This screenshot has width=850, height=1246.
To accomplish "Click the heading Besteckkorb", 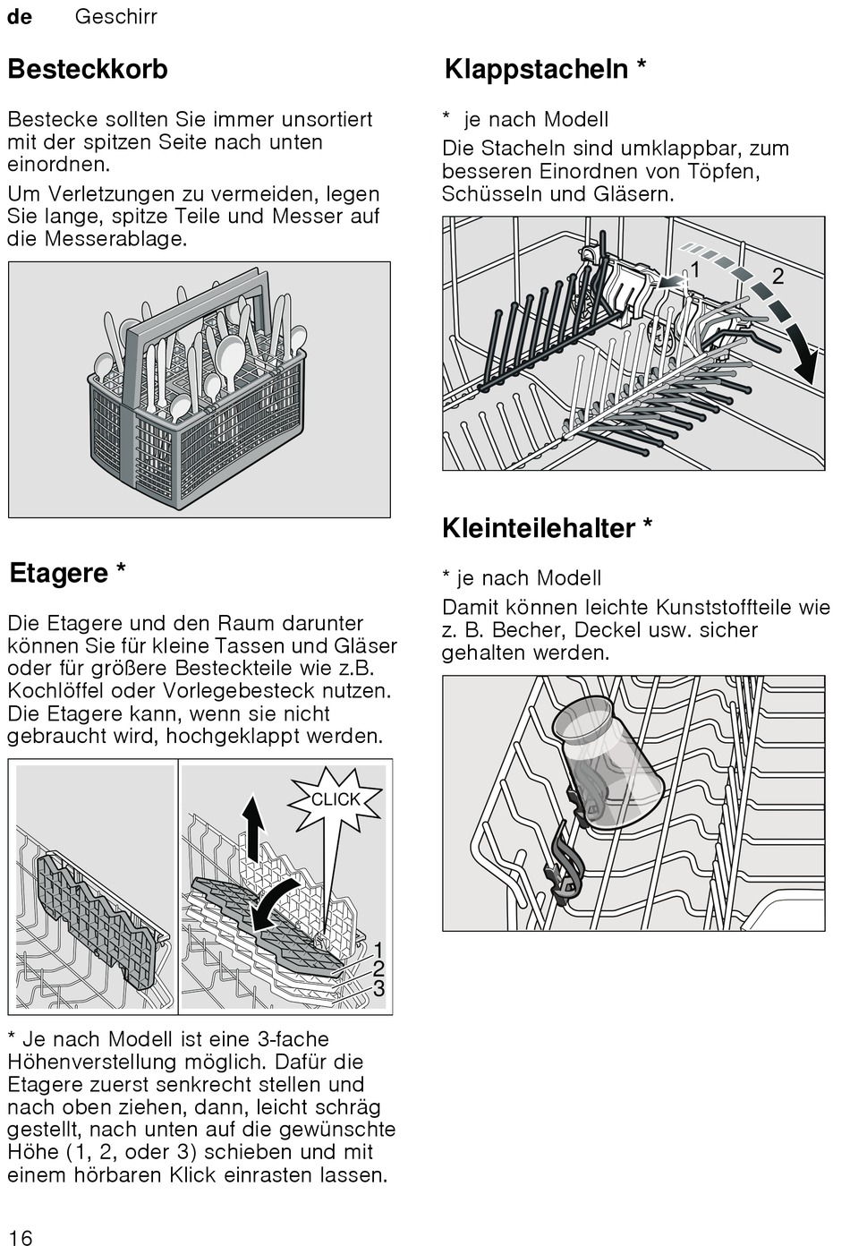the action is click(x=88, y=69).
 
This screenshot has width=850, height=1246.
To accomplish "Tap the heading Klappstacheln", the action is click(x=537, y=69).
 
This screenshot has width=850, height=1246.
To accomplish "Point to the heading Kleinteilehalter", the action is click(x=539, y=528).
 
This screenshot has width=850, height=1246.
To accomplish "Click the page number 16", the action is click(x=20, y=1237).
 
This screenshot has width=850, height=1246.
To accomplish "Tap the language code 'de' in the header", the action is click(x=20, y=17).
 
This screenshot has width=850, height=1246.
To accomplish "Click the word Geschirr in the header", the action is click(x=116, y=17).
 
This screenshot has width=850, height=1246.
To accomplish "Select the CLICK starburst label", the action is click(x=336, y=799).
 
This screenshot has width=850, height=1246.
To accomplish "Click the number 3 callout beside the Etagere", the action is click(x=379, y=988).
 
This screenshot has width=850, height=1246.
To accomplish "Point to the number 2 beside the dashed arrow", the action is click(x=778, y=276).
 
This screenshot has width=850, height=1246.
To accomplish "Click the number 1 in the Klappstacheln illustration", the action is click(x=694, y=269).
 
